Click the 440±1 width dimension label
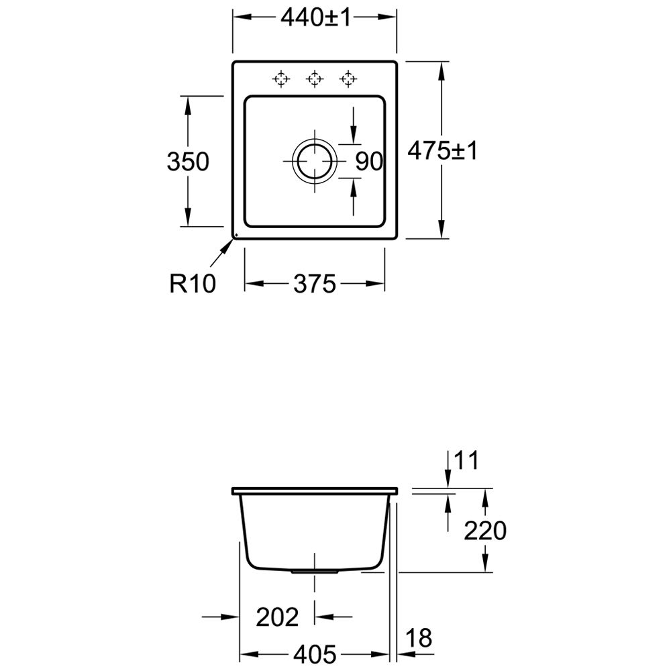click(x=315, y=17)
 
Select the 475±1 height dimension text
click(x=442, y=150)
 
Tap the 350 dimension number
click(x=188, y=162)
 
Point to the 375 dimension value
click(x=315, y=284)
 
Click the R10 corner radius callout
click(x=193, y=283)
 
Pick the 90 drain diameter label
click(x=369, y=162)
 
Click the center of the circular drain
click(x=315, y=161)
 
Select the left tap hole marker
click(x=280, y=79)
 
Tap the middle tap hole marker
click(x=315, y=79)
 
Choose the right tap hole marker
click(x=348, y=79)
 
